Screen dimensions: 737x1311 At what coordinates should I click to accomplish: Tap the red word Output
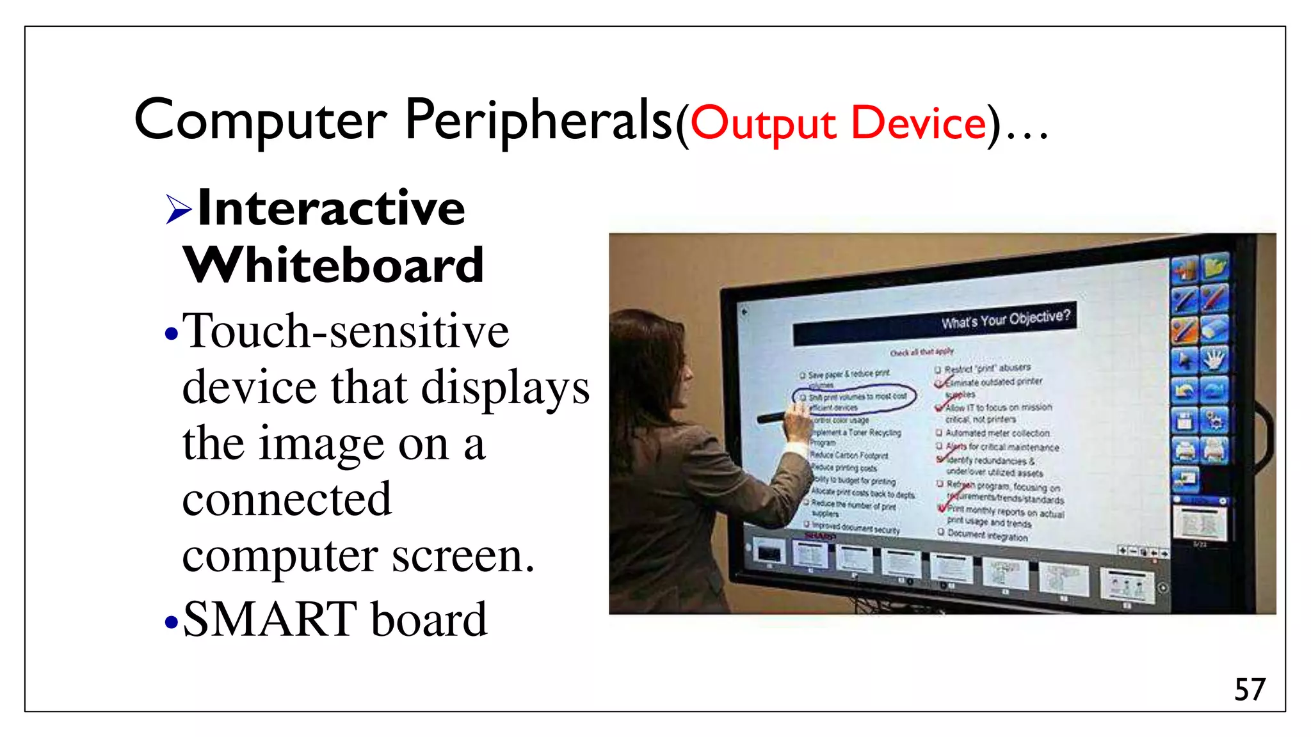pos(763,123)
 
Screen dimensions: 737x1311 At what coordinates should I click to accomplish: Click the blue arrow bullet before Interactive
pos(178,209)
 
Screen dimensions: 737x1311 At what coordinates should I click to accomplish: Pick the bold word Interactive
pos(331,208)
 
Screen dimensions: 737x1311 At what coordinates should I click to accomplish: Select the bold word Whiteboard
pos(333,265)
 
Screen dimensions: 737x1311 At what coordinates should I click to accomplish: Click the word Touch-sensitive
pos(346,331)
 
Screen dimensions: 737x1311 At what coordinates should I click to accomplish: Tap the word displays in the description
pos(505,388)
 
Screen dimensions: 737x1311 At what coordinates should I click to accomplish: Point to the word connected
pos(287,499)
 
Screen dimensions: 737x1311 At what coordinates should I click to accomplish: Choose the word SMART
pos(269,619)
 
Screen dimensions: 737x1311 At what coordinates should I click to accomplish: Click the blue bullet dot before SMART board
pos(170,622)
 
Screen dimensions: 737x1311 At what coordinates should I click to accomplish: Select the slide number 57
pos(1250,690)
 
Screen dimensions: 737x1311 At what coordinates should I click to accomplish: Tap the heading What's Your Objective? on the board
pos(1005,319)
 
